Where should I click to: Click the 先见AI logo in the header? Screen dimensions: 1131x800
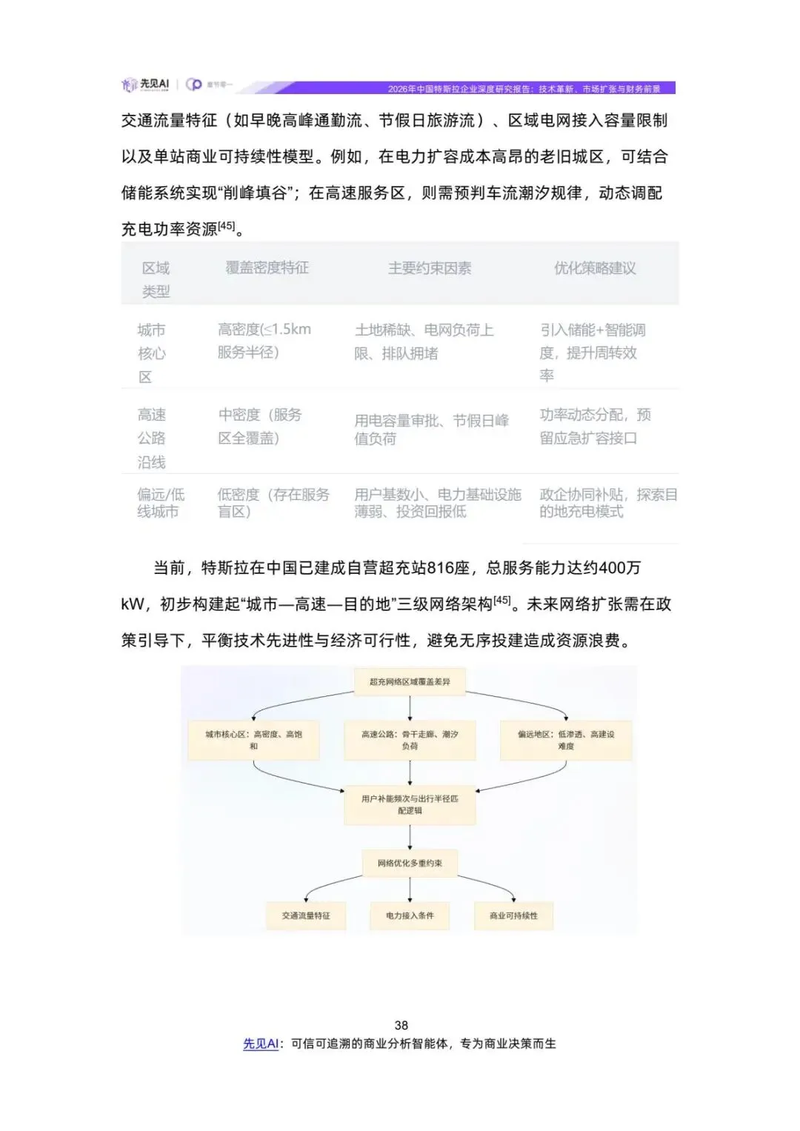[146, 85]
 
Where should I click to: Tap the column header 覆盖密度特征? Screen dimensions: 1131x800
[267, 268]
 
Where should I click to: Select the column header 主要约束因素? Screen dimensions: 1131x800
[430, 268]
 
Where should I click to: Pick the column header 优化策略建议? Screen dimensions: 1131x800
[595, 268]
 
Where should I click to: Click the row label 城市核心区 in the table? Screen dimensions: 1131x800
[151, 353]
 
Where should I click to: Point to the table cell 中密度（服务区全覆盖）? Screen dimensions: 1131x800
[260, 426]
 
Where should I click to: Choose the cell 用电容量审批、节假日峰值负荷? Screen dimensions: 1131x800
[431, 430]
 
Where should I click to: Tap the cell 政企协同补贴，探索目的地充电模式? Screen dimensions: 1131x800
[607, 503]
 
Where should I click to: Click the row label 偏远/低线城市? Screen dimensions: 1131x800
[160, 503]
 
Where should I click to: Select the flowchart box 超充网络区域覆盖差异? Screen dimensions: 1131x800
[410, 681]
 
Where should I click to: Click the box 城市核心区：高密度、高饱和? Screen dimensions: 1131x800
[253, 740]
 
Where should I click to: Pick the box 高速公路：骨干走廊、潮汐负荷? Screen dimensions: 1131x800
[410, 740]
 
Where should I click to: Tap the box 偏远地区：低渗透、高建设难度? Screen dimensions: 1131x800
[566, 740]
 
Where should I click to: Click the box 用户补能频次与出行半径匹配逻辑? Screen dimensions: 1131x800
[410, 804]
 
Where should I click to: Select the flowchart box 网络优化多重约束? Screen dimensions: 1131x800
[410, 863]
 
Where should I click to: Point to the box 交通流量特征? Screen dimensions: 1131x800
[306, 915]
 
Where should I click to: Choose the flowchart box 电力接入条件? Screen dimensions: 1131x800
[410, 915]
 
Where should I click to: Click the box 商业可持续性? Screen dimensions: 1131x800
[513, 915]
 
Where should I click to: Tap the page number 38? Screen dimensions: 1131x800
[401, 1025]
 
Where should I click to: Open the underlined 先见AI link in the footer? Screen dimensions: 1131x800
[261, 1044]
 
